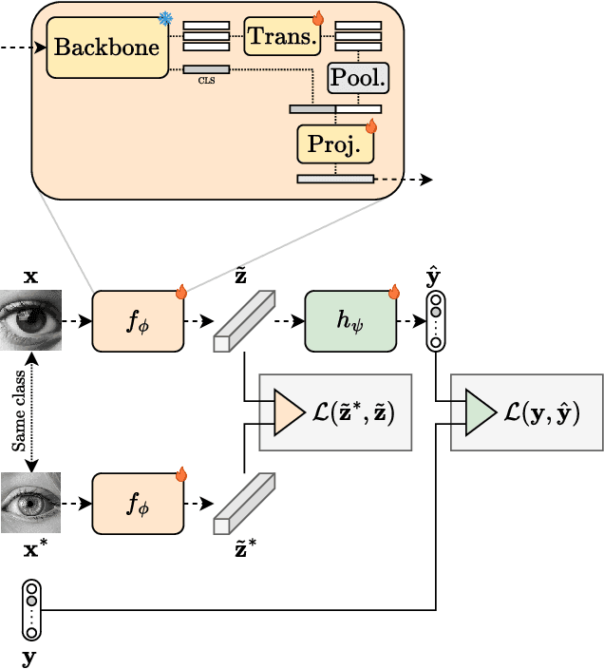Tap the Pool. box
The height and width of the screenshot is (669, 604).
tap(359, 79)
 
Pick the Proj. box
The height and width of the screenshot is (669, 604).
tap(334, 143)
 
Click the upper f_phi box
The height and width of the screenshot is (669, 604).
tap(138, 322)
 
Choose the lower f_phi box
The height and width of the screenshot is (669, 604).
tap(138, 505)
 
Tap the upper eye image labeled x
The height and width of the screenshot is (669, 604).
tap(30, 320)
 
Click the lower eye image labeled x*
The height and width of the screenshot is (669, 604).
tap(30, 503)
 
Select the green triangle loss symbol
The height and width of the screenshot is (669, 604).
tap(480, 412)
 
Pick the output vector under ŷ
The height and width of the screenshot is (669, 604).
tap(435, 322)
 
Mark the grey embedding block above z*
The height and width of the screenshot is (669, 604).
tap(243, 504)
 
